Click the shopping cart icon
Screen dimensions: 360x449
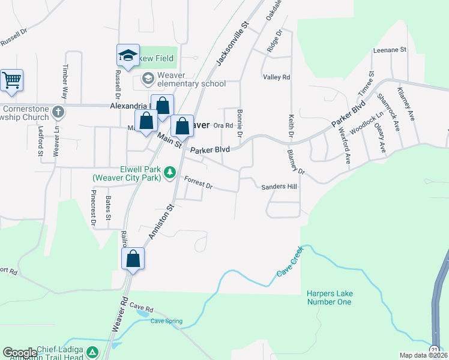11,80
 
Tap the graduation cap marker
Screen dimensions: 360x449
127,56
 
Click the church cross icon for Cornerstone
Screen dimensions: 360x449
58,112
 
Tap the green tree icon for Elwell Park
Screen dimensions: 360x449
170,173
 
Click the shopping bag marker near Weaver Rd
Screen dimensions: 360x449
133,259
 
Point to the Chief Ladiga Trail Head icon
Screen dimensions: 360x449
92,352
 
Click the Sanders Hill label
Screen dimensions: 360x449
279,187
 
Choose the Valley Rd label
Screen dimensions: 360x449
277,77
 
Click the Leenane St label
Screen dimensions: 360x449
390,50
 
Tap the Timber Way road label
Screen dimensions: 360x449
65,80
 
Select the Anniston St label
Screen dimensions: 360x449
161,220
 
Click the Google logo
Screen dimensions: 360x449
20,353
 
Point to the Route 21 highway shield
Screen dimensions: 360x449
434,349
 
